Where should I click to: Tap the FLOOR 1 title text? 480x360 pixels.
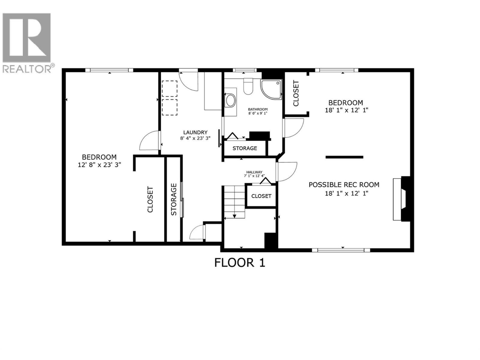pos(240,263)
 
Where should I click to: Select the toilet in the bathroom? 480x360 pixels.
pos(248,86)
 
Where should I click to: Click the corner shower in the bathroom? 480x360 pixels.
pos(271,89)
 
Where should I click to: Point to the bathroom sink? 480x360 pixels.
pos(230,100)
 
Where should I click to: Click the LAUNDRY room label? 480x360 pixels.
pos(195,132)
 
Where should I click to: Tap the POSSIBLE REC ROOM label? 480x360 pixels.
pos(344,185)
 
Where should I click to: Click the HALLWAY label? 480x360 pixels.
pos(254,172)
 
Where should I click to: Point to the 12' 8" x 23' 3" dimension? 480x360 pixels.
pos(99,165)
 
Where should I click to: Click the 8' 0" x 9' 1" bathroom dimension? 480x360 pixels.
pos(257,113)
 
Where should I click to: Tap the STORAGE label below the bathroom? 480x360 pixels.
pos(245,148)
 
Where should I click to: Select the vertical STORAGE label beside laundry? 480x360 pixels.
pos(174,199)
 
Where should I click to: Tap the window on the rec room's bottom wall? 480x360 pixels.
pos(340,250)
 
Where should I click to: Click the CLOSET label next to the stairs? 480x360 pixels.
pos(261,196)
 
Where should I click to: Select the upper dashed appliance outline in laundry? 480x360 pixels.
pos(169,88)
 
